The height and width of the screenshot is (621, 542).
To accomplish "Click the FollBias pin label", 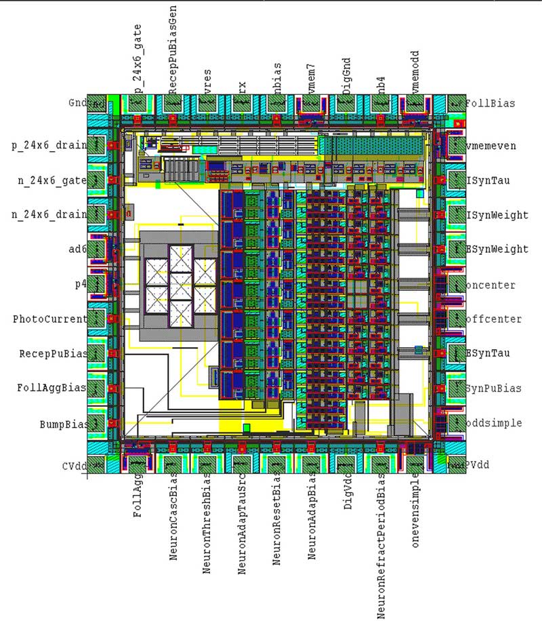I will click(x=491, y=104).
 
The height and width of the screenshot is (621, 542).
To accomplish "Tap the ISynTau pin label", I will click(x=488, y=180).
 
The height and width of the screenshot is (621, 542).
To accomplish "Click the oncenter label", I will click(x=491, y=285).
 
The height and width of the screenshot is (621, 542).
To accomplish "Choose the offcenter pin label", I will click(x=493, y=319).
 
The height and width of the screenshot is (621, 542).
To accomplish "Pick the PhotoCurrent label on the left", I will click(x=49, y=319).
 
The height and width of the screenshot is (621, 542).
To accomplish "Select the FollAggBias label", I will click(x=52, y=388).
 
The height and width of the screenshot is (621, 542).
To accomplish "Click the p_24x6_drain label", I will click(x=49, y=145).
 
